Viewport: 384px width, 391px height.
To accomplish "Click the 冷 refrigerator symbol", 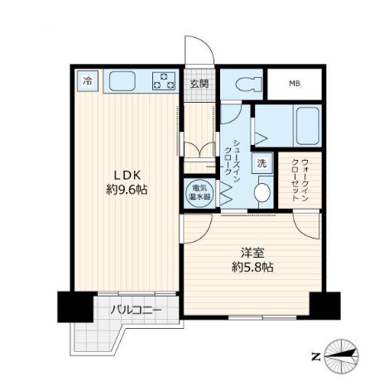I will [x=86, y=81].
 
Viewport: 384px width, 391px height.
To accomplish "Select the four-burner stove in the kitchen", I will [x=164, y=81].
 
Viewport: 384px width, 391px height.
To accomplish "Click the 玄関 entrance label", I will [x=198, y=84].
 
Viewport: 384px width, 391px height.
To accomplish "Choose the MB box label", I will [x=295, y=84].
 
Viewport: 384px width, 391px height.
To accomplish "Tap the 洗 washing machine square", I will [x=262, y=163].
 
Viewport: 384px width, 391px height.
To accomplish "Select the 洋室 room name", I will [x=252, y=252].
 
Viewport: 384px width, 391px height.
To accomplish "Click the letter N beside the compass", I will [x=315, y=357].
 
